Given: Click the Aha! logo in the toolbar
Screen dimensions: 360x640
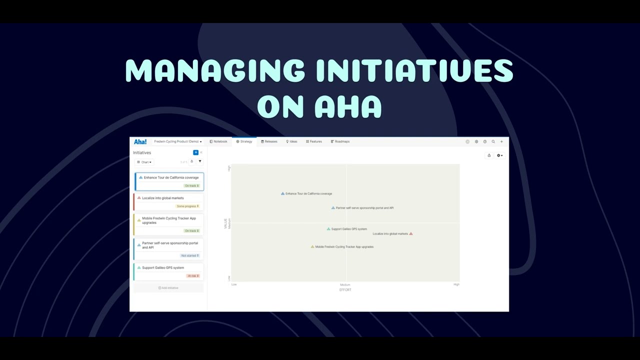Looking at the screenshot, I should coord(140,142).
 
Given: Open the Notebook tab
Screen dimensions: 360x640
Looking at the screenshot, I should coord(218,141).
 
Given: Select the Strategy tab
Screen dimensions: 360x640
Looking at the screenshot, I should coord(244,141).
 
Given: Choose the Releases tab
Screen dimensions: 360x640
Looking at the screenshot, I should coord(269,141).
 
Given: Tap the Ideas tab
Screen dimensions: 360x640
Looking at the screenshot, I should coord(291,141).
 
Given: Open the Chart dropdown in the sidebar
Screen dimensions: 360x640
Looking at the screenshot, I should coord(144,162).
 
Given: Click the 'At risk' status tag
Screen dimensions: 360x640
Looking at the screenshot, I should coord(193,276).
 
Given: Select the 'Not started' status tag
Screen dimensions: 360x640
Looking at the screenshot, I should coord(190,255).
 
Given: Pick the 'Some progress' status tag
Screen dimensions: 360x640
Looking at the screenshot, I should coord(187,206).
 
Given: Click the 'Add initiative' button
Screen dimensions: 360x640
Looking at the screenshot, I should coord(168,288).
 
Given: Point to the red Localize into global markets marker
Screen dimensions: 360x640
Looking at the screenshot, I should coord(411,234).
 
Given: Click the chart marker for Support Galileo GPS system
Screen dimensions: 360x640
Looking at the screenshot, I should coord(328,229).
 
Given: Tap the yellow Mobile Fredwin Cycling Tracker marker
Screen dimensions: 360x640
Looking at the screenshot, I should coord(312,247).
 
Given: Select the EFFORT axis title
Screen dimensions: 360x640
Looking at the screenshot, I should coord(345,290).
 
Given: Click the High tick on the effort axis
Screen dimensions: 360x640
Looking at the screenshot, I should coord(456,284).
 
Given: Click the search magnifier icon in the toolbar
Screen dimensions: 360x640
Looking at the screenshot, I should coord(493,141).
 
